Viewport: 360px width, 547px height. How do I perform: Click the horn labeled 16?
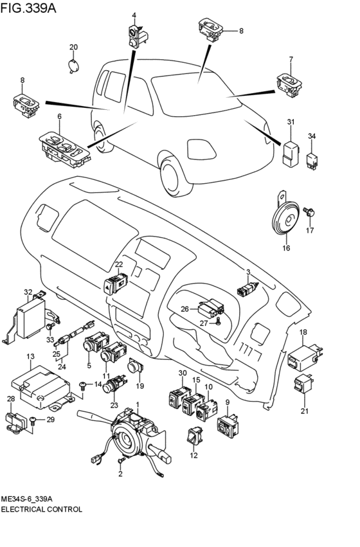[285, 220]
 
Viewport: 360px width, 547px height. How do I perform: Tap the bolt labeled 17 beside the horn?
[309, 211]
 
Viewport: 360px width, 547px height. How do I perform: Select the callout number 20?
[73, 47]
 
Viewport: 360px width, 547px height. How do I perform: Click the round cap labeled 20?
[73, 66]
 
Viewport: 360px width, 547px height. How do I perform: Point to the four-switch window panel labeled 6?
[65, 150]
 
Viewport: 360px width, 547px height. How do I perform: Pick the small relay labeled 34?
[312, 161]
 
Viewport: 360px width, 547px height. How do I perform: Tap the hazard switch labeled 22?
[116, 284]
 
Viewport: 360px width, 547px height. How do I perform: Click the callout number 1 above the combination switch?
[138, 405]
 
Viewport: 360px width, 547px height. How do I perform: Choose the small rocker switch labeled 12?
[195, 436]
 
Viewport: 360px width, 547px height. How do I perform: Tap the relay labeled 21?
[303, 384]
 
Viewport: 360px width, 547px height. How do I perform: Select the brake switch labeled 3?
[248, 289]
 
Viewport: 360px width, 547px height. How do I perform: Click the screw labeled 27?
[218, 322]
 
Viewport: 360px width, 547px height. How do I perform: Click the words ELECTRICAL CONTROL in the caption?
[42, 509]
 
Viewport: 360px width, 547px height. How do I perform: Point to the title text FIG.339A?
[28, 8]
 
